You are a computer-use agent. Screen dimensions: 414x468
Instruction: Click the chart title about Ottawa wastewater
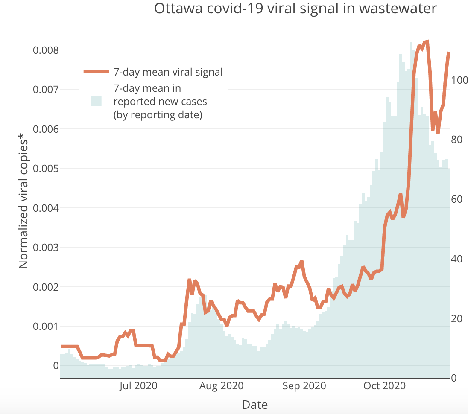tap(295, 9)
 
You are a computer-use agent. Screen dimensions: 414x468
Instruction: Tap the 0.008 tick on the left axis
tap(46, 50)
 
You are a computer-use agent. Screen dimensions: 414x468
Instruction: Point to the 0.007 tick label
tap(46, 90)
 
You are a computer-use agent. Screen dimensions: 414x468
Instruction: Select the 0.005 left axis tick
tap(46, 169)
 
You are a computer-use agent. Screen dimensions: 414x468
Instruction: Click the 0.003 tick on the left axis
tap(46, 248)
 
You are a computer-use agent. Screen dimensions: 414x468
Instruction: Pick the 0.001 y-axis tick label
tap(46, 327)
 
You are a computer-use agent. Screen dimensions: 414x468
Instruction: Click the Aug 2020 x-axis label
tap(222, 386)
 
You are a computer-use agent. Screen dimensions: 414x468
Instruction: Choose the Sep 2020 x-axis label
tap(304, 386)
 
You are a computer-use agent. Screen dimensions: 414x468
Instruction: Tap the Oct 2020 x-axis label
tap(384, 386)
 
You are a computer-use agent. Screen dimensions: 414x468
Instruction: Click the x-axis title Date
tap(255, 405)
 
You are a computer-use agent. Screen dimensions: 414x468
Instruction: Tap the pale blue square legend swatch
tap(96, 101)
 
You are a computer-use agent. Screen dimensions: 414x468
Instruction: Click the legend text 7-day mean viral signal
tap(168, 72)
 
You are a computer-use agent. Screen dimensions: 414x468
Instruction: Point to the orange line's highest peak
tap(427, 41)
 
